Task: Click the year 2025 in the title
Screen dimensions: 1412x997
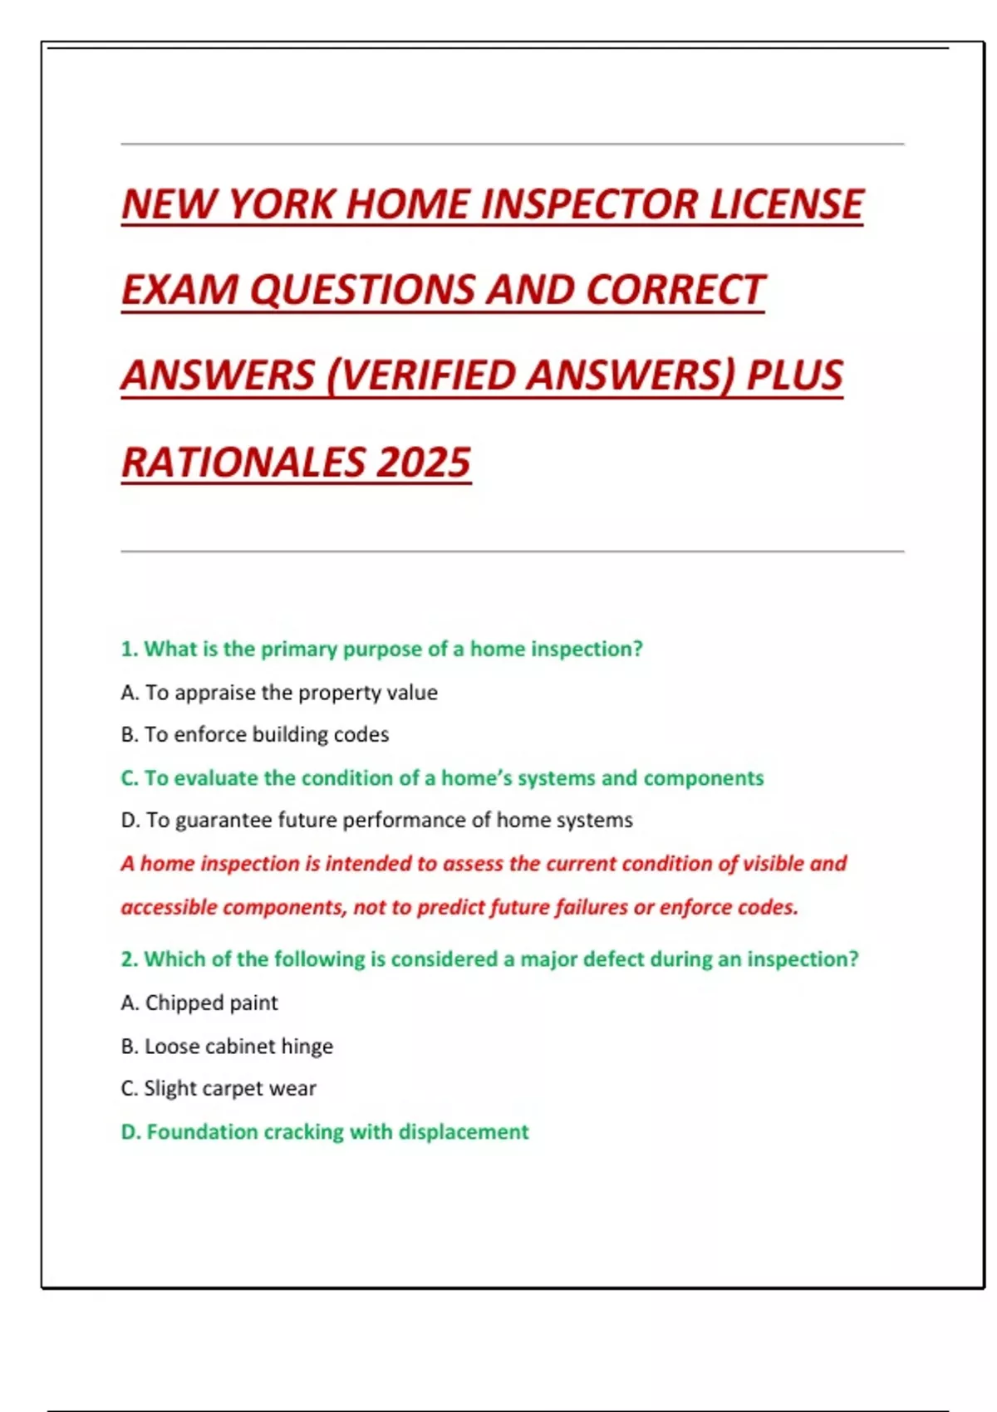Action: (423, 463)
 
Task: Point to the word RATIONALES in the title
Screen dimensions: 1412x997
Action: (243, 463)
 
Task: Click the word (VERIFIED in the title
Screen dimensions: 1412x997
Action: (421, 375)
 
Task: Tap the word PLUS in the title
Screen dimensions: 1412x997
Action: (794, 375)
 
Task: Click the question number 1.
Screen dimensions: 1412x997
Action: (129, 649)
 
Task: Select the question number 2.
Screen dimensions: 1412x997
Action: (129, 959)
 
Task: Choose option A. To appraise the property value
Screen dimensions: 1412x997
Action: (279, 693)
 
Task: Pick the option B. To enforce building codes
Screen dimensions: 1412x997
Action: (254, 735)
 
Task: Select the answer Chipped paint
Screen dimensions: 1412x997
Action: (211, 1003)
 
